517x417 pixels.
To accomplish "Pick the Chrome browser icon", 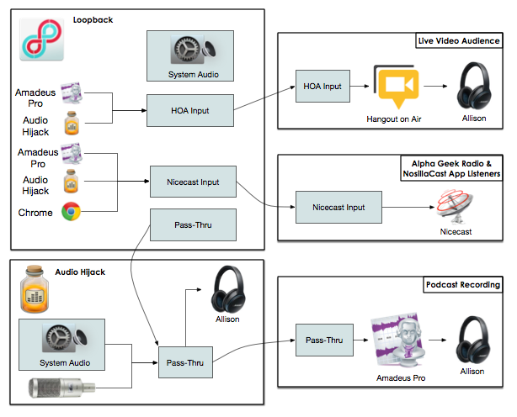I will [x=71, y=213].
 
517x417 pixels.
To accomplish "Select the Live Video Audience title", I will [x=459, y=41].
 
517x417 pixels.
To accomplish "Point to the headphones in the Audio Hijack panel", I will [x=227, y=290].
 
